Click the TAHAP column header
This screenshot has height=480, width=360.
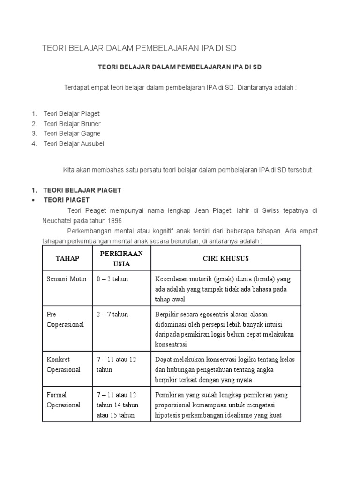tap(67, 258)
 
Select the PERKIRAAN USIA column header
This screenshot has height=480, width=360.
tap(121, 258)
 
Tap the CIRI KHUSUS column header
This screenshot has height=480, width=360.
tap(225, 258)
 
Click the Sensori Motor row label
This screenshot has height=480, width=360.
tap(67, 279)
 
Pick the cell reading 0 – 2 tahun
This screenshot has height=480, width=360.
tap(112, 279)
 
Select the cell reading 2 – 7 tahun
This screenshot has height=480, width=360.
tap(112, 314)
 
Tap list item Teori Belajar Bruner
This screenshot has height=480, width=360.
tap(72, 124)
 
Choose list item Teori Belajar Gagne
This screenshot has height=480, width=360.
tap(72, 134)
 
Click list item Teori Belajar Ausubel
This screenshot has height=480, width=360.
tap(74, 143)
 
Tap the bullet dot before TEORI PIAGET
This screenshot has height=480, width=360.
tap(34, 200)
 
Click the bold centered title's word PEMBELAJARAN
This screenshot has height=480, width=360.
tap(201, 67)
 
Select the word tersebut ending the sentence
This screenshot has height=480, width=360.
tap(300, 170)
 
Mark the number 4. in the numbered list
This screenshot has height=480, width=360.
tap(34, 143)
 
